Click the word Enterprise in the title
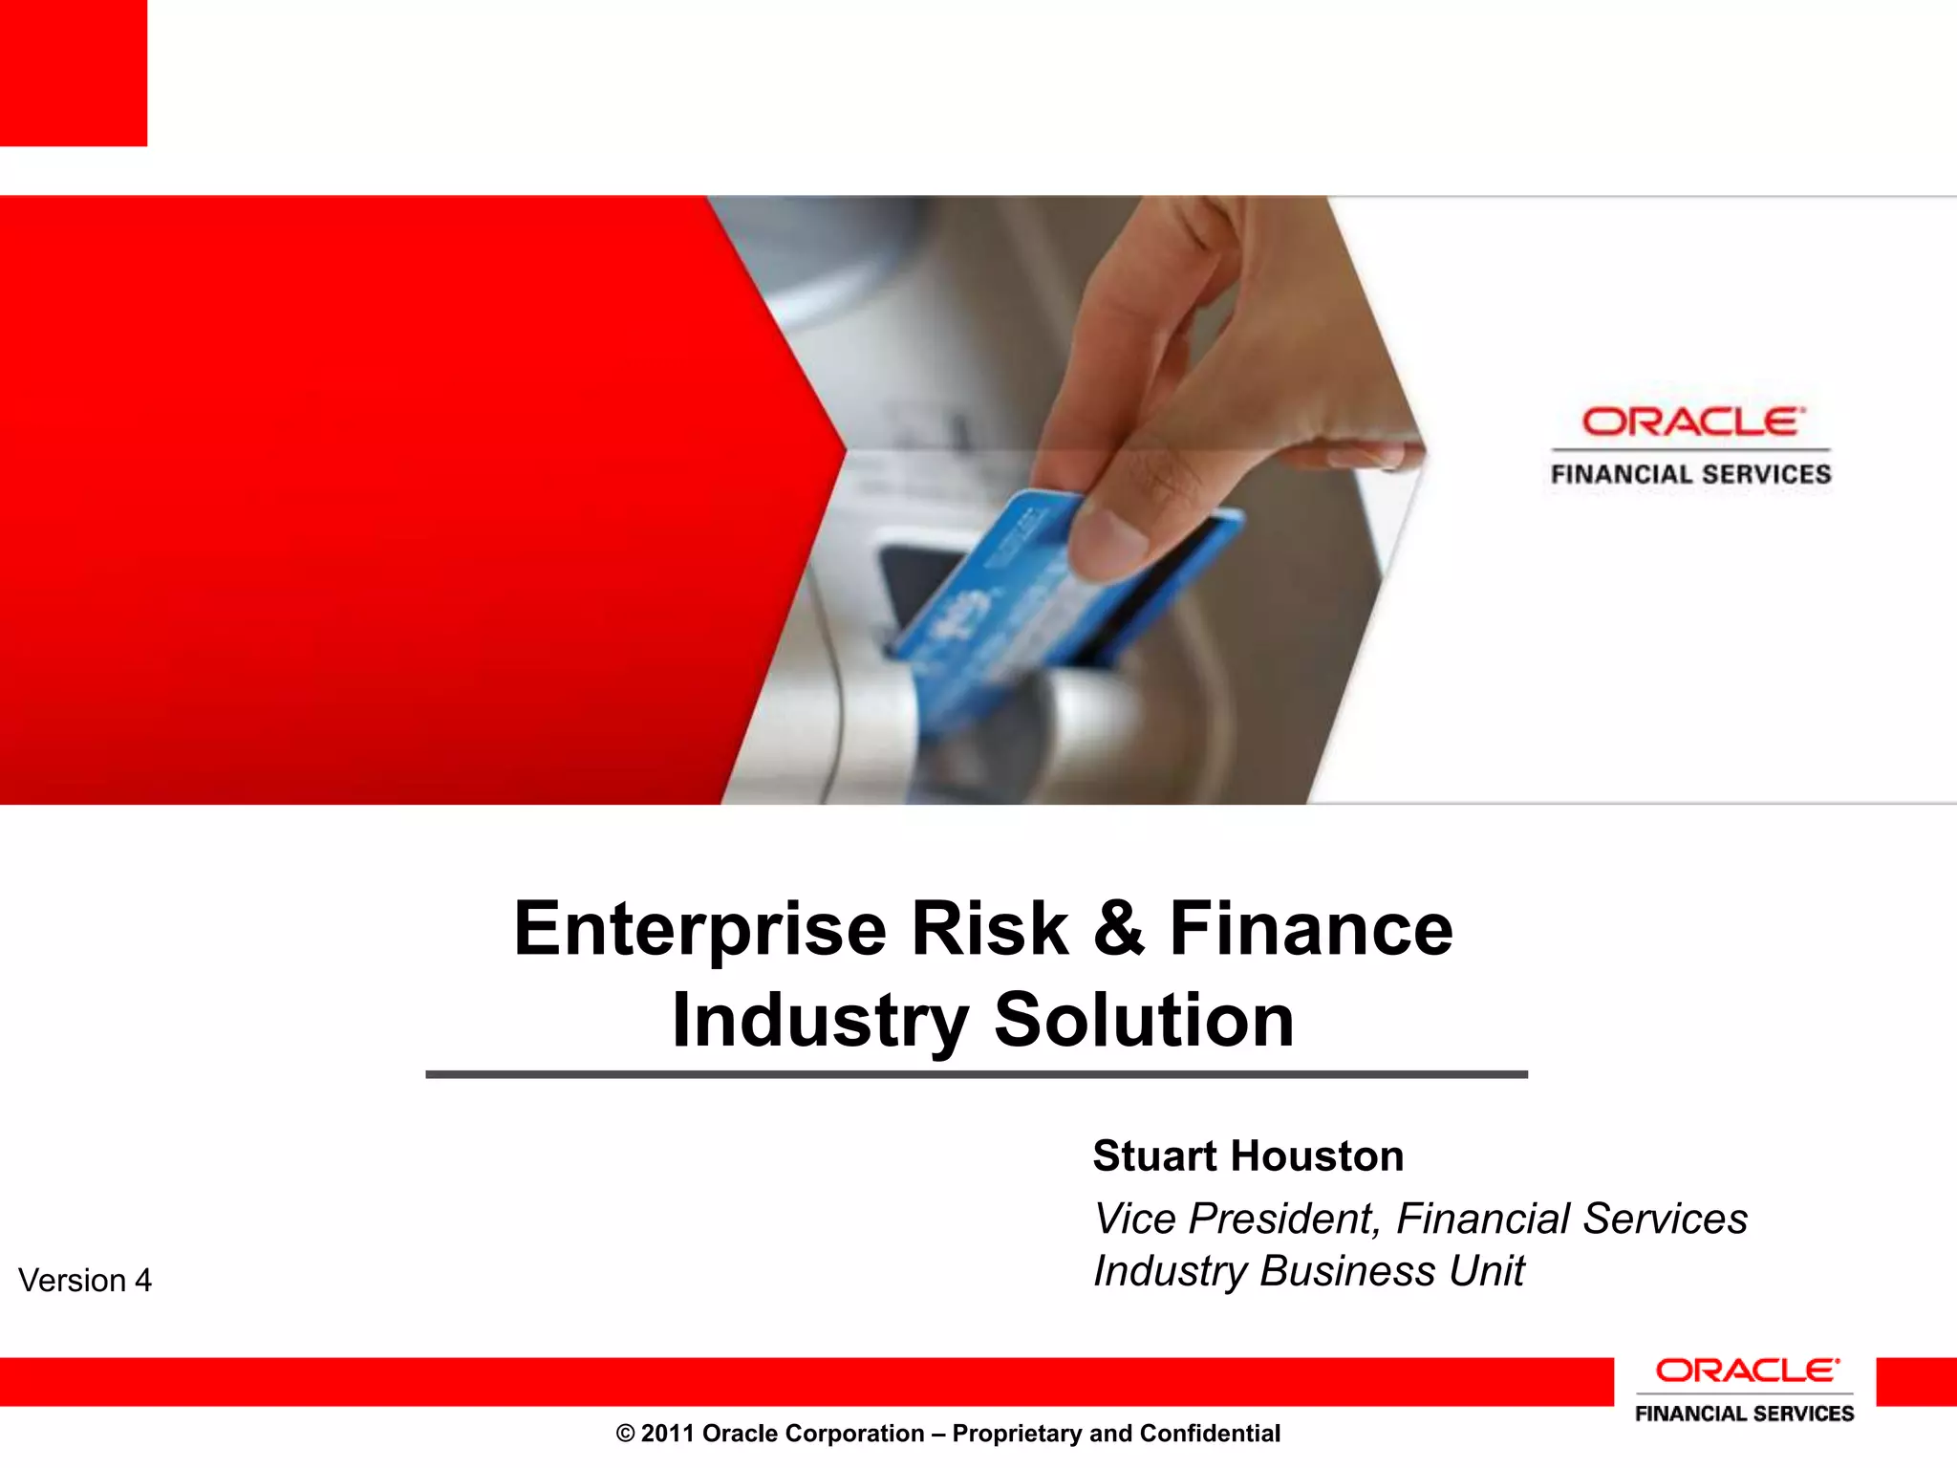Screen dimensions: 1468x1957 (700, 929)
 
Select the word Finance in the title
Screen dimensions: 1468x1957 (1311, 929)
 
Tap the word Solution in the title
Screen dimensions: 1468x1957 (1144, 1021)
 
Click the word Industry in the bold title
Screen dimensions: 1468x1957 (820, 1021)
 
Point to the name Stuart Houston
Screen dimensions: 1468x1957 (1248, 1156)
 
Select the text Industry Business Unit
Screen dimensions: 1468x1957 (1308, 1271)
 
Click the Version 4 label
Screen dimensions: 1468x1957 (85, 1281)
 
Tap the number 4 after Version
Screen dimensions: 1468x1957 (142, 1281)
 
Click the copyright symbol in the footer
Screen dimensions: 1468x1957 (625, 1434)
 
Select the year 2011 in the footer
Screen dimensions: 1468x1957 (667, 1434)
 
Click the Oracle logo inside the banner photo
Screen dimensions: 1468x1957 (1691, 421)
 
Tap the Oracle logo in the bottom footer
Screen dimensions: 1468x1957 (1745, 1371)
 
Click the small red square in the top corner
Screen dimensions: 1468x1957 (73, 73)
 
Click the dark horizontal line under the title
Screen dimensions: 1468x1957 (977, 1074)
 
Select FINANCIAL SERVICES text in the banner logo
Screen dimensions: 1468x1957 (1690, 474)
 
